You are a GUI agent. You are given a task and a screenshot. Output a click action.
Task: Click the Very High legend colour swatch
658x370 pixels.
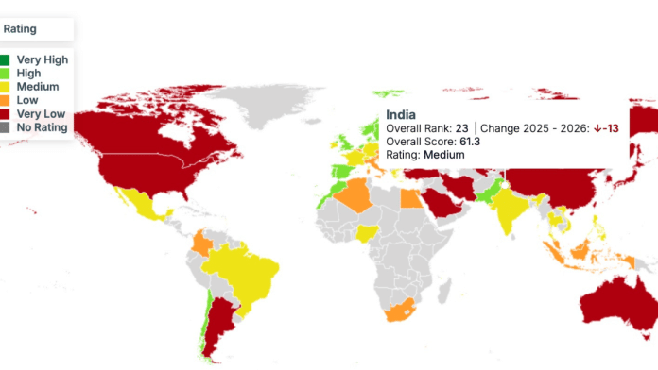pyautogui.click(x=5, y=59)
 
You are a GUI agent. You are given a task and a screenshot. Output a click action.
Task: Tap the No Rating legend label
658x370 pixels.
pyautogui.click(x=42, y=127)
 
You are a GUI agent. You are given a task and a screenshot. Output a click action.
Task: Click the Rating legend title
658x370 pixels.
pyautogui.click(x=20, y=29)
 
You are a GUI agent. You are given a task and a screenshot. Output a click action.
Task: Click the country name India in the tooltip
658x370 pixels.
pyautogui.click(x=401, y=113)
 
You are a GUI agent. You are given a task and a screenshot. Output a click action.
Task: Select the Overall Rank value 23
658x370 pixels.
pyautogui.click(x=461, y=127)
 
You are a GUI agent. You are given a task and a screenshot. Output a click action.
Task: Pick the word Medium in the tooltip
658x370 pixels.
pyautogui.click(x=443, y=155)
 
